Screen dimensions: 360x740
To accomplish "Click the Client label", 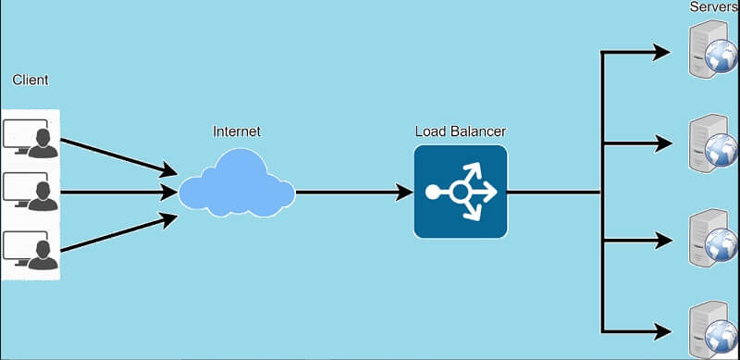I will [x=30, y=81].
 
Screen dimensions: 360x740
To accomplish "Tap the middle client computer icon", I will [x=30, y=192].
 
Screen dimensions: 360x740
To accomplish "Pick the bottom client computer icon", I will [x=30, y=248].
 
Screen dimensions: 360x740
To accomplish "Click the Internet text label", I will [x=236, y=131].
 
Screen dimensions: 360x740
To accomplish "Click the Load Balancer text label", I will [x=460, y=130].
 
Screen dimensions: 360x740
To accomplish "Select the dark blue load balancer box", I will [x=460, y=192].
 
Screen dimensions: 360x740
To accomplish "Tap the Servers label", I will [x=713, y=7].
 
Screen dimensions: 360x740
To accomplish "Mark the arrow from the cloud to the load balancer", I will [x=351, y=192].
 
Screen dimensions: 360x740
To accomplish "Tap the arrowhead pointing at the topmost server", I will [x=661, y=52].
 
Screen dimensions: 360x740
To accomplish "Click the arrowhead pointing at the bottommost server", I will [x=661, y=330].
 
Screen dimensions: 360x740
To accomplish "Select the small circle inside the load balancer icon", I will [x=460, y=192].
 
